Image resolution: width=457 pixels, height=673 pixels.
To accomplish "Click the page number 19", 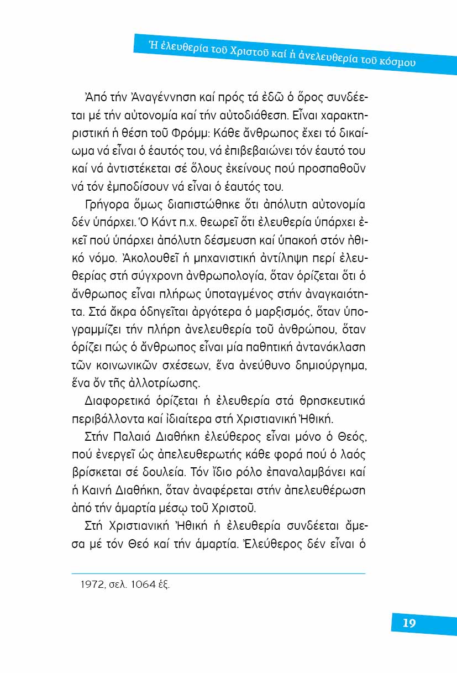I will [x=409, y=623].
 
